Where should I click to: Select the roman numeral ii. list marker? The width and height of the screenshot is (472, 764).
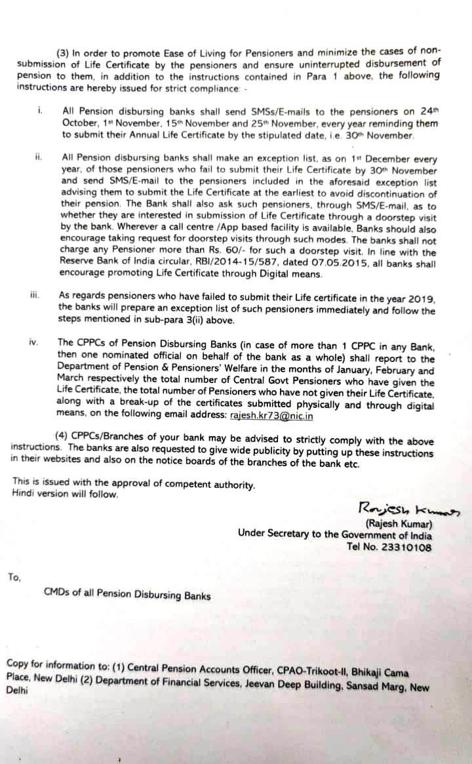coord(39,157)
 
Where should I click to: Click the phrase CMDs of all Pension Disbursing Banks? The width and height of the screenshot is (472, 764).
coord(127,595)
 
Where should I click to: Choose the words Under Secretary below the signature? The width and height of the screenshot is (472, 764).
coord(274,534)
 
